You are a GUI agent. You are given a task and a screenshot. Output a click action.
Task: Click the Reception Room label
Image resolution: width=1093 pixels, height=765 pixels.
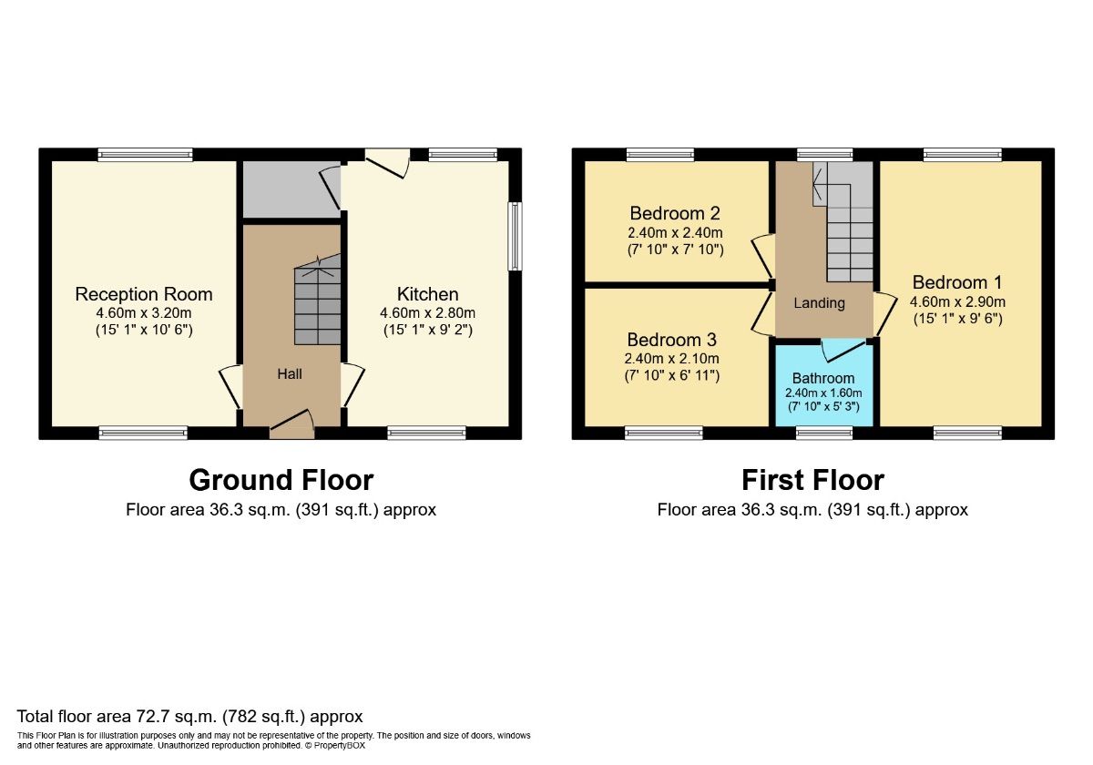pyautogui.click(x=144, y=294)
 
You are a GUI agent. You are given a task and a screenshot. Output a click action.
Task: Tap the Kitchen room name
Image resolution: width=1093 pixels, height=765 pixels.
pyautogui.click(x=427, y=294)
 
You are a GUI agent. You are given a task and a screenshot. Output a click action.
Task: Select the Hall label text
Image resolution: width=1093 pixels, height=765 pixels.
pyautogui.click(x=290, y=373)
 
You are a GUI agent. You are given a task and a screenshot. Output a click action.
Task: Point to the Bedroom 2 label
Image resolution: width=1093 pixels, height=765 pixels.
pyautogui.click(x=675, y=214)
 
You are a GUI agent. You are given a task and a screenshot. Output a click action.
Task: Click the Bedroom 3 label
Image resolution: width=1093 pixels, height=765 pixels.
pyautogui.click(x=671, y=340)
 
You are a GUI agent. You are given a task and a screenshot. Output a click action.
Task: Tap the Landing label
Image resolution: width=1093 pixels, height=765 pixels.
pyautogui.click(x=819, y=303)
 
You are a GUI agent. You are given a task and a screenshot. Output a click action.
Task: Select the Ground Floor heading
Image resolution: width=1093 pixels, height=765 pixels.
pyautogui.click(x=281, y=480)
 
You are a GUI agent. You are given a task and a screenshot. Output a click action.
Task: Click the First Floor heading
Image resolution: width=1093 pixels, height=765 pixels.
pyautogui.click(x=812, y=480)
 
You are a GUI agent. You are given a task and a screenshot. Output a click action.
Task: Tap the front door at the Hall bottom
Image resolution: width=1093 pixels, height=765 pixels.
pyautogui.click(x=292, y=424)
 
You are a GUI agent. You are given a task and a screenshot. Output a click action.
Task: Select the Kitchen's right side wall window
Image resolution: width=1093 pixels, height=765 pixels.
pyautogui.click(x=516, y=236)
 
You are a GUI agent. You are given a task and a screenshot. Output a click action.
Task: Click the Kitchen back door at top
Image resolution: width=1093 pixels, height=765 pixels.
pyautogui.click(x=388, y=161)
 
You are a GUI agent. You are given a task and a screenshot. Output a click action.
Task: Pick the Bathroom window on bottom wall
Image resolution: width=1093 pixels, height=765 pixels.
pyautogui.click(x=824, y=433)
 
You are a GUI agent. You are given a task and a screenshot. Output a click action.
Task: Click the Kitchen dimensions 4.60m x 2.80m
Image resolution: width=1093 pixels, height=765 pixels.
pyautogui.click(x=427, y=312)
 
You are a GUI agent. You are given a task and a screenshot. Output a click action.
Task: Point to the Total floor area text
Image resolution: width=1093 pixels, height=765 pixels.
pyautogui.click(x=190, y=716)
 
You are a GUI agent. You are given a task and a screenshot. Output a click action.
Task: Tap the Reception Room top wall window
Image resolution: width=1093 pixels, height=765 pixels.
pyautogui.click(x=146, y=155)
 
